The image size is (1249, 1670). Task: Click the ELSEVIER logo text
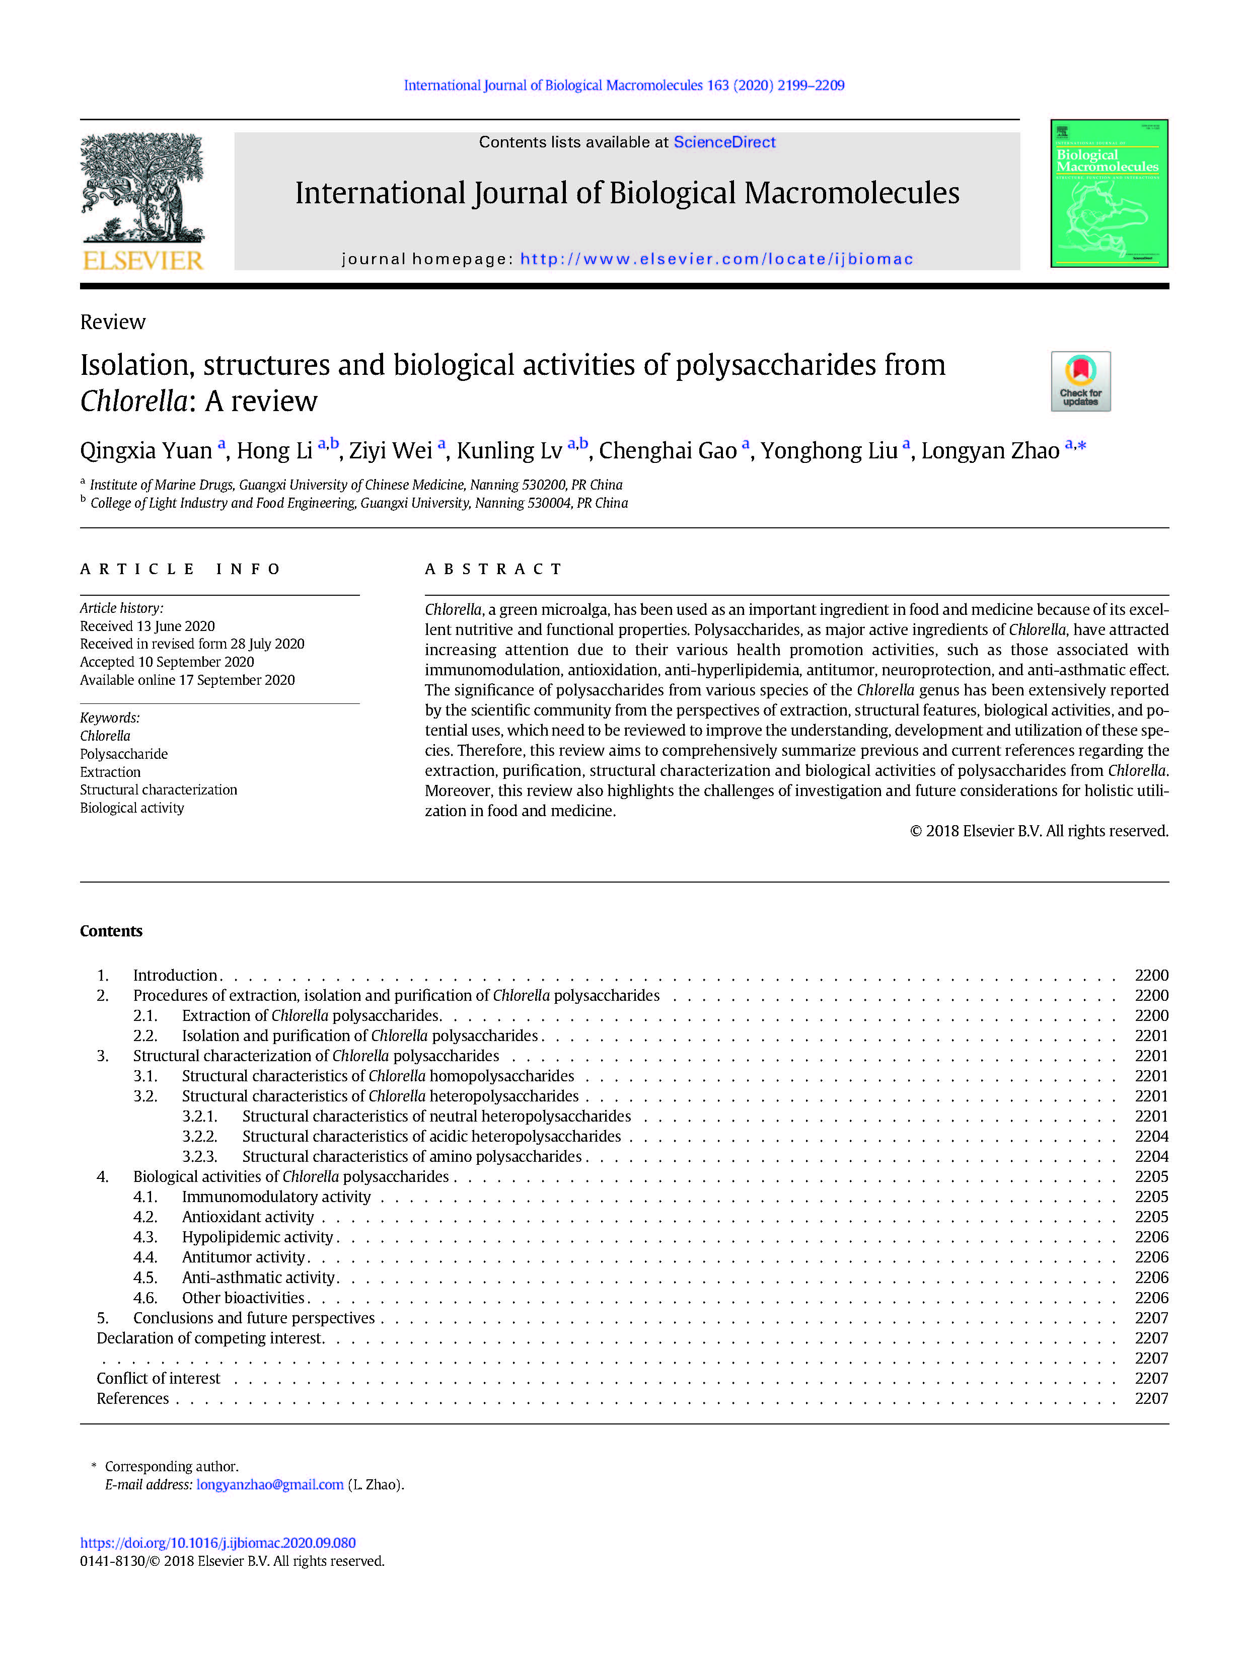point(143,261)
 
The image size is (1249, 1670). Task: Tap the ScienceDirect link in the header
point(723,142)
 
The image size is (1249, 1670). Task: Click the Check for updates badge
point(1080,381)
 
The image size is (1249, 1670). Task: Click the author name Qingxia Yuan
point(146,451)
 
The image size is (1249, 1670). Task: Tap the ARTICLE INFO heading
point(180,569)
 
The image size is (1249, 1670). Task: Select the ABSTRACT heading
point(493,569)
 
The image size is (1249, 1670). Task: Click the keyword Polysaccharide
point(124,753)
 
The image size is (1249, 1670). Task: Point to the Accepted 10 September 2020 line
point(167,661)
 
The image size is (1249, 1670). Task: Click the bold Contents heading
point(111,931)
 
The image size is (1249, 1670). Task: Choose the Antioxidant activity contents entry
point(248,1216)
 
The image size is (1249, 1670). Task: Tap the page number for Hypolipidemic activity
point(1151,1237)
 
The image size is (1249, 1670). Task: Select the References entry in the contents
point(133,1398)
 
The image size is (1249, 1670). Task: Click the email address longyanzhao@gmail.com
point(270,1484)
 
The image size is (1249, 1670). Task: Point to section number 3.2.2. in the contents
point(199,1136)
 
